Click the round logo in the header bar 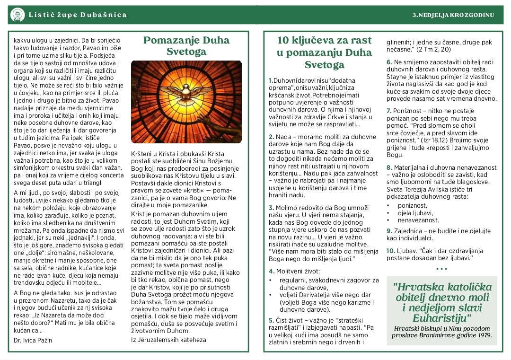point(18,15)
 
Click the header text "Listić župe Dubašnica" point(78,15)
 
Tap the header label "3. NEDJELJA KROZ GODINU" point(453,15)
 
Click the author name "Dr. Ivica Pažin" point(33,340)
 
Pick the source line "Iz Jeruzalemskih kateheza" point(168,339)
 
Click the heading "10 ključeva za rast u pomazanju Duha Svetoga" point(325,52)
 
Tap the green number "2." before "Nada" point(271,137)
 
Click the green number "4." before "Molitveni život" point(271,271)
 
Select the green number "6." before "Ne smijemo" point(389,62)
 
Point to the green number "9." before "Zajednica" point(389,231)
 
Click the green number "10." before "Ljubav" point(390,251)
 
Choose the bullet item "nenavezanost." point(418,220)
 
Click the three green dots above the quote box point(441,269)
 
